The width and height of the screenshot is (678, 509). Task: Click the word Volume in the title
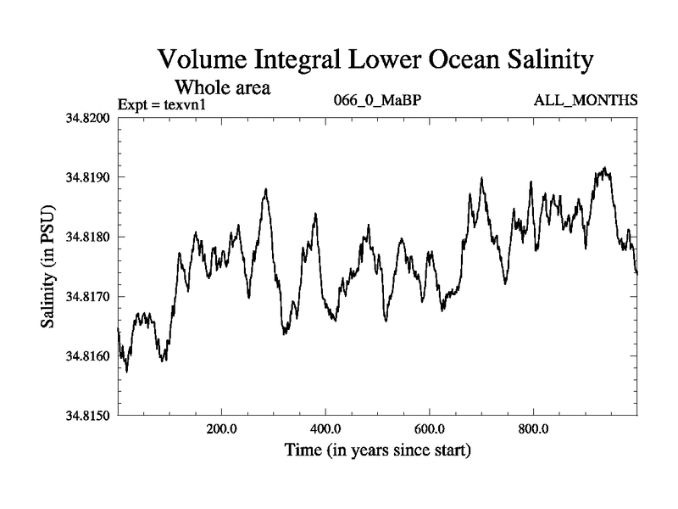coord(204,61)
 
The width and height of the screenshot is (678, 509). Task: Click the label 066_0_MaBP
coord(378,101)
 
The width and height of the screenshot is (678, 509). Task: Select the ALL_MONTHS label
coord(585,101)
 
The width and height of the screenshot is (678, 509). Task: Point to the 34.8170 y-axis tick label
coord(88,297)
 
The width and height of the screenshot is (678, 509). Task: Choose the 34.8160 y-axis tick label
coord(88,356)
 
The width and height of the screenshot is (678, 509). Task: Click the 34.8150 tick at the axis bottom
coord(88,416)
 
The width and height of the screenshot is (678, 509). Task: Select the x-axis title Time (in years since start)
coord(378,450)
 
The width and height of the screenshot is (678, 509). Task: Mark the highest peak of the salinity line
coord(604,168)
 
